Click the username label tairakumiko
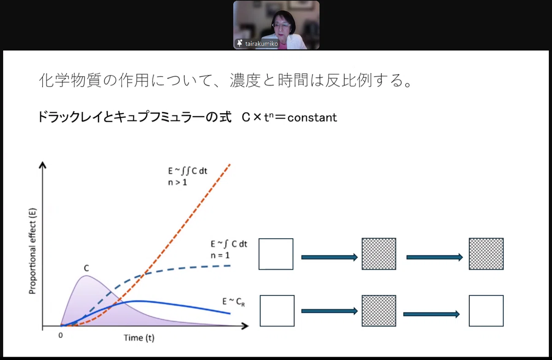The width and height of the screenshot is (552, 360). (261, 44)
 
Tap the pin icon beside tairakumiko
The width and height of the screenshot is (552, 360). (240, 43)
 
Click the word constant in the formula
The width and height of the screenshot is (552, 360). (312, 118)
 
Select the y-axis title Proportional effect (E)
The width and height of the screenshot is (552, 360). (33, 251)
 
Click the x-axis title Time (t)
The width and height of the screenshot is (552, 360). (139, 338)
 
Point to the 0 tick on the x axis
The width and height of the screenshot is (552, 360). (61, 335)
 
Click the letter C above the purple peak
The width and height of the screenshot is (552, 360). (86, 268)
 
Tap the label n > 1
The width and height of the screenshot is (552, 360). (178, 183)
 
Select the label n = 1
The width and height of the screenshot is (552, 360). (220, 255)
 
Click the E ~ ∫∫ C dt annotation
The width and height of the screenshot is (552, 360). (188, 171)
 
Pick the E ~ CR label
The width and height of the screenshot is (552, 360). (234, 302)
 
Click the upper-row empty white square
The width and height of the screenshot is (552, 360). (276, 254)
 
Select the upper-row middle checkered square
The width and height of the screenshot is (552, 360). (379, 254)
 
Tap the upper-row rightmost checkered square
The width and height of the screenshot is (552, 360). (486, 254)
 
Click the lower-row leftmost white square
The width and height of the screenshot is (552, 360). (277, 311)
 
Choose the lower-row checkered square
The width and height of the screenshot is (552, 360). (379, 311)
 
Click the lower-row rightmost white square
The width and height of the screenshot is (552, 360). (486, 311)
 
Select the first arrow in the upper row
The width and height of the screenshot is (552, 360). (329, 257)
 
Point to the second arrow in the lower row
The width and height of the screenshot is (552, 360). (431, 314)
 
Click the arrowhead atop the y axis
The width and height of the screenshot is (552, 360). (43, 165)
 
